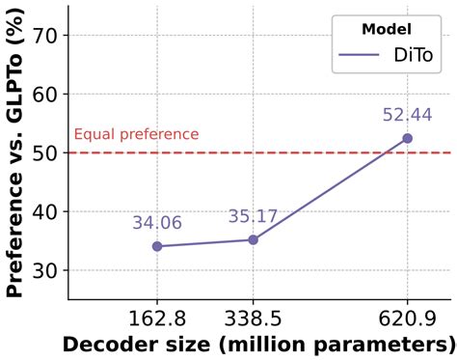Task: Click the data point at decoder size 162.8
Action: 156,246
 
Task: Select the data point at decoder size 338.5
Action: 253,239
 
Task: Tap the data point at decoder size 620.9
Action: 407,138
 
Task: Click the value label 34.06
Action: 157,223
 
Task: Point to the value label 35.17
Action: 254,216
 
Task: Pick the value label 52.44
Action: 407,115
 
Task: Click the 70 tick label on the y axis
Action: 44,36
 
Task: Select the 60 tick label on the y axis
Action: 44,95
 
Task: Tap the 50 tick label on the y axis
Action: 44,152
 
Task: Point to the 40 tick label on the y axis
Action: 44,211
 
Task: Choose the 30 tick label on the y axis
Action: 44,270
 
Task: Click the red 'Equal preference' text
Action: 136,135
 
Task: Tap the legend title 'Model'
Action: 388,29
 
